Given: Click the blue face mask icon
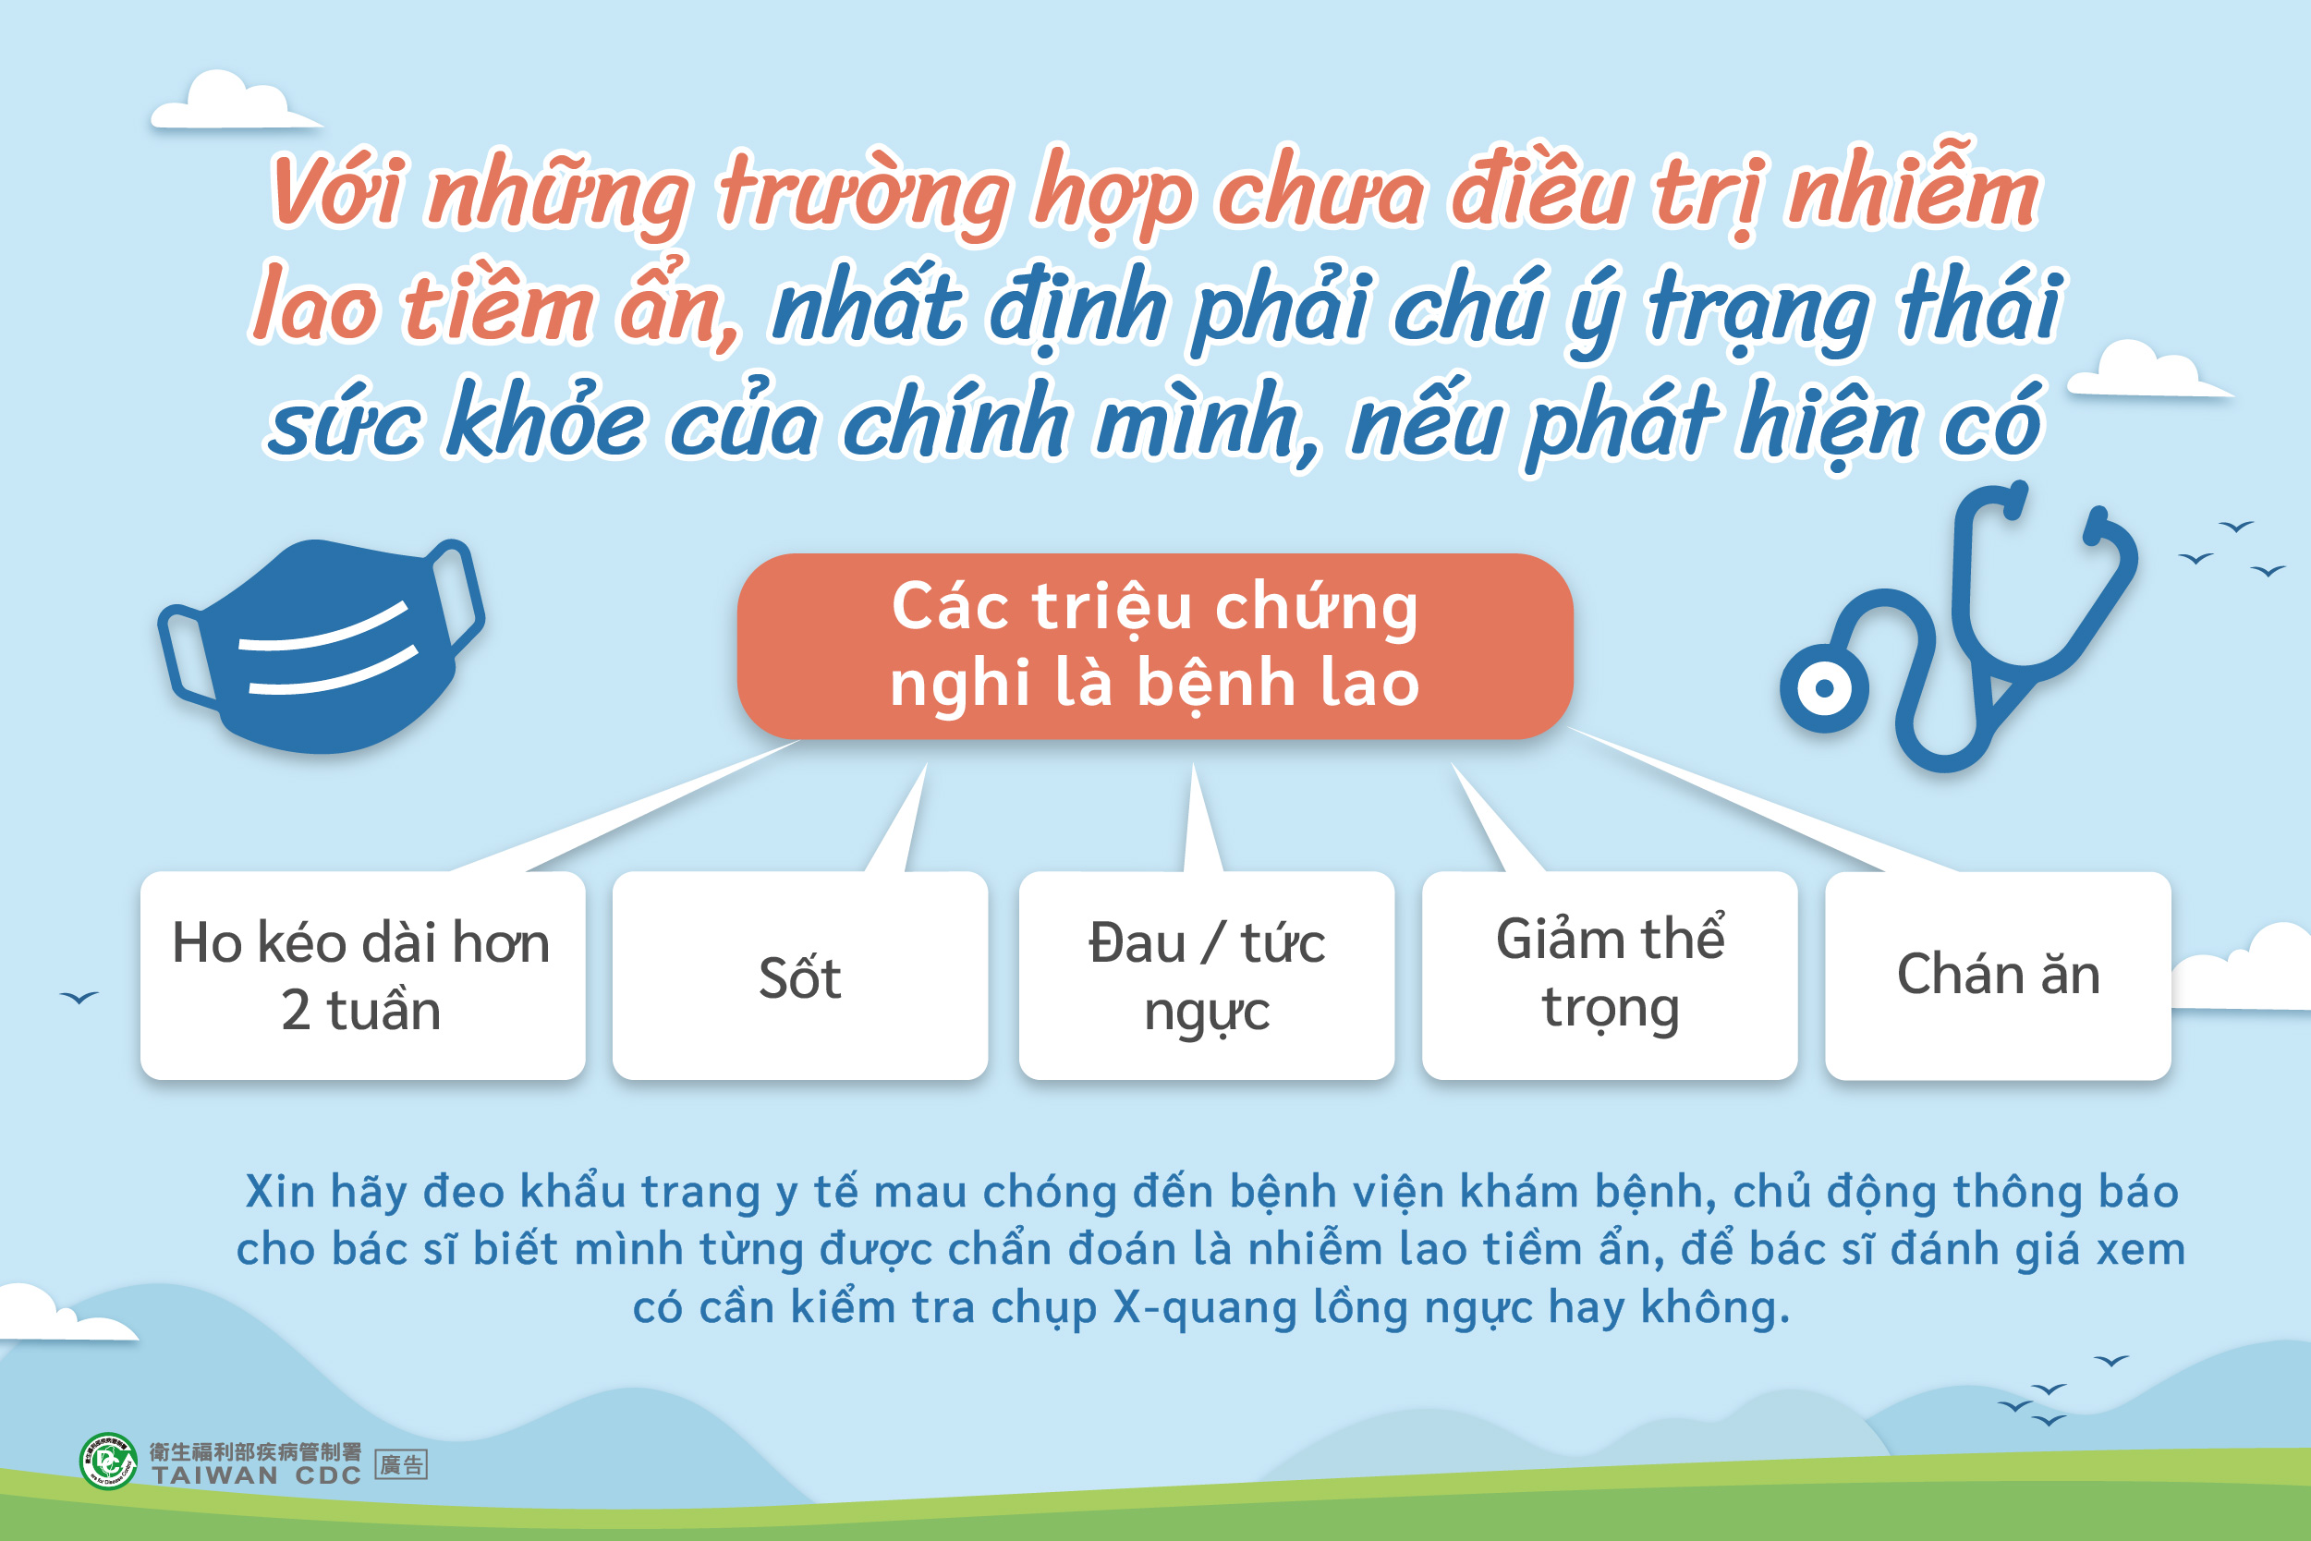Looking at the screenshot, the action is (321, 647).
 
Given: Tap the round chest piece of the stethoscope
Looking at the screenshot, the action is (1823, 688).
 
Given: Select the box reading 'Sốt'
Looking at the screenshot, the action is (800, 976).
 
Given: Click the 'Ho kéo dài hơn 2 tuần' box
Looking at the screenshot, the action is (363, 976).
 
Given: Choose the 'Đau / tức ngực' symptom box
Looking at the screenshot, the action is (1206, 976).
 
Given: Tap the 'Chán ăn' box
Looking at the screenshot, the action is (1998, 976).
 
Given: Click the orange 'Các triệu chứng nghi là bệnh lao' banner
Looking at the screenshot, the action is (1155, 646).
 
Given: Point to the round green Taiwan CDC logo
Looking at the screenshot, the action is (108, 1462).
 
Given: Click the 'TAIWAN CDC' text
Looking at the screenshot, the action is (257, 1475).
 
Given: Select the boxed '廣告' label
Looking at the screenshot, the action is (401, 1465).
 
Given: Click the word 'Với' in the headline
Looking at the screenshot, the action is (336, 190).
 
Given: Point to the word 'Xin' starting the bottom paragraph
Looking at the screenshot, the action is (280, 1191).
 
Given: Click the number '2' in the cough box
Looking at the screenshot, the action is (296, 1012).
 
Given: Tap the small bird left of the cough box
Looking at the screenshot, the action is (79, 998).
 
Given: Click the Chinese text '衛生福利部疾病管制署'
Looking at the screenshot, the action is (256, 1451).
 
